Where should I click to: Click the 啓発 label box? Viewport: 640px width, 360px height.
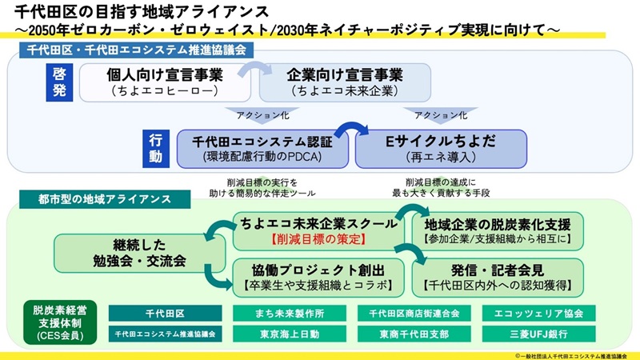[x=59, y=82]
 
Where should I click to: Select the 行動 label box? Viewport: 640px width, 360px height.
[x=156, y=149]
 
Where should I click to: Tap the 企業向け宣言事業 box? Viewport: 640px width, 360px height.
[x=345, y=82]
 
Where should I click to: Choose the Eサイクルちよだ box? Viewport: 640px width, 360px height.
[x=441, y=149]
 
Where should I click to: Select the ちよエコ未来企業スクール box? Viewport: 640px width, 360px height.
[x=318, y=231]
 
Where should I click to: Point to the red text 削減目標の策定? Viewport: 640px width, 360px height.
[x=318, y=239]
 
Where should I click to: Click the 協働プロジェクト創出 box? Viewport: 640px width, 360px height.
[x=318, y=276]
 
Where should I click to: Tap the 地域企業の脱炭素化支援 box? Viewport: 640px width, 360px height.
[x=497, y=231]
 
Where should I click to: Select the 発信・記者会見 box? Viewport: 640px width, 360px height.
[x=497, y=276]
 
